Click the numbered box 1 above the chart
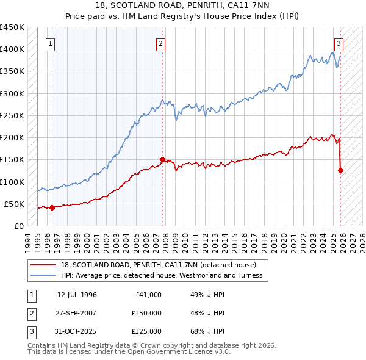pos(49,43)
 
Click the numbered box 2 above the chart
pos(160,43)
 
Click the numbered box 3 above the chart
pos(338,43)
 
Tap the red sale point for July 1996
pos(52,207)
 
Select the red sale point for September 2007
pos(163,160)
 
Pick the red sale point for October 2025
pos(340,170)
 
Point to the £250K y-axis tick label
pos(12,115)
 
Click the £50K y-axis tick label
pos(15,204)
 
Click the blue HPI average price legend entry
pos(161,275)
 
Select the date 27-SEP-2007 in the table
pos(77,313)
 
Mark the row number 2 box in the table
pos(31,313)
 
